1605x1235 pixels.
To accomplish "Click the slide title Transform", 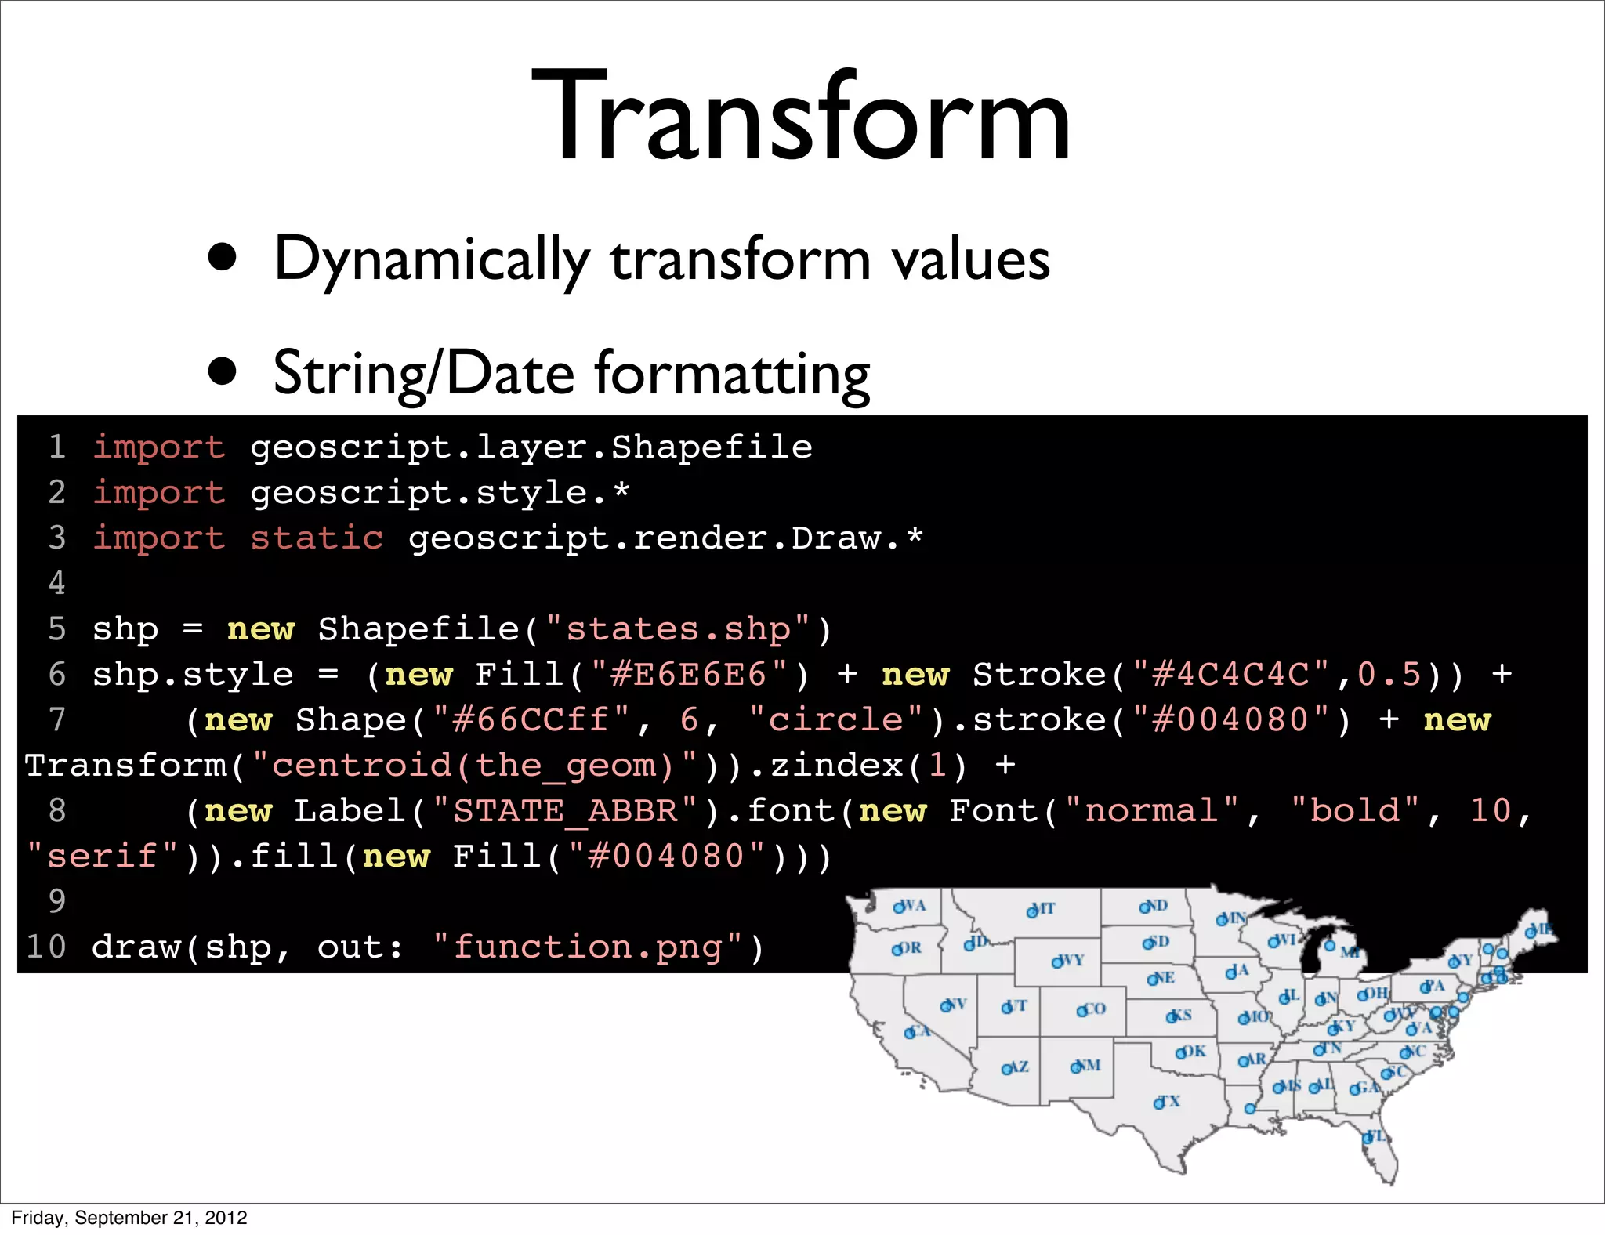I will click(801, 118).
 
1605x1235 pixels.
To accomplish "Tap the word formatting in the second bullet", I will click(732, 375).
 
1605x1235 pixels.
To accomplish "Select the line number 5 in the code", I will click(57, 629).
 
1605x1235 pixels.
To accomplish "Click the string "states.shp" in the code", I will click(679, 629).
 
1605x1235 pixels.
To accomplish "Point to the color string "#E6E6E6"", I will click(689, 675).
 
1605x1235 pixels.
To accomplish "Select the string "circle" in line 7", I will click(836, 720).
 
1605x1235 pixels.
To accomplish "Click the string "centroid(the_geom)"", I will click(474, 766).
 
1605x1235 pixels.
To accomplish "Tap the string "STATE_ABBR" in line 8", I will click(565, 811).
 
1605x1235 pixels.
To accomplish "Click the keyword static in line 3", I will click(317, 538).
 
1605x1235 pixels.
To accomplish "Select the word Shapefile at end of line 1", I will click(712, 447).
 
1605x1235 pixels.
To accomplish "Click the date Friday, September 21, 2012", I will click(129, 1218).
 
